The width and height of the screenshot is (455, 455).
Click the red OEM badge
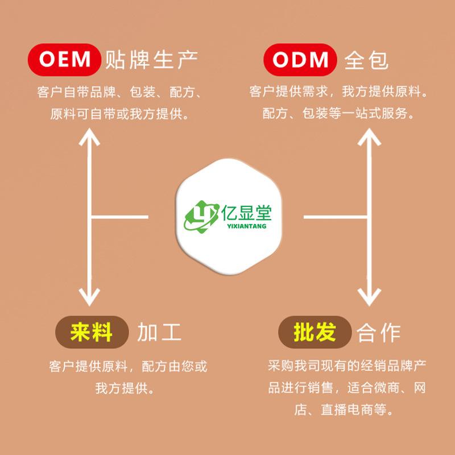click(64, 59)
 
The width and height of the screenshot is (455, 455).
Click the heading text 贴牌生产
click(151, 60)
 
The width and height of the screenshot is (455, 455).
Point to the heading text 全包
click(366, 60)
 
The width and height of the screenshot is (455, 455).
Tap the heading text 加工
click(159, 332)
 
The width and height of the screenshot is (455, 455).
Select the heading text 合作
click(379, 332)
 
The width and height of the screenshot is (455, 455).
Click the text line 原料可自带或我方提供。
click(120, 113)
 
